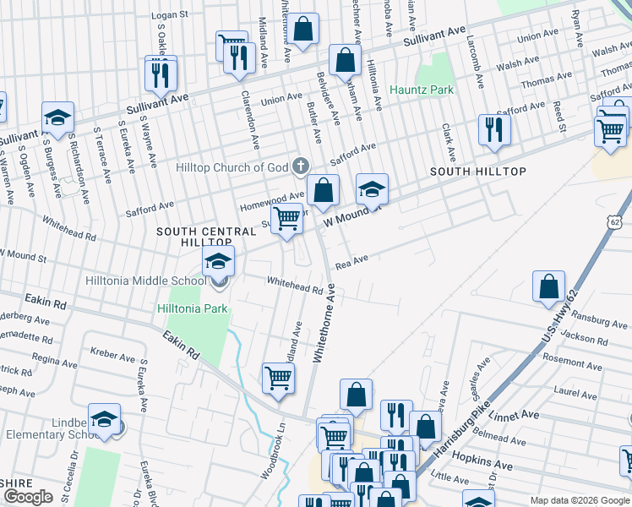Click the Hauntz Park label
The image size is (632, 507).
(x=421, y=90)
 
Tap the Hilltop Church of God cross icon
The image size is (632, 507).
(x=300, y=167)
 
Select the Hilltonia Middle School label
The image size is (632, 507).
(x=145, y=281)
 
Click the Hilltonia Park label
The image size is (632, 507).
(x=192, y=308)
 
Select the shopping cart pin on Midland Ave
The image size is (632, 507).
(x=278, y=379)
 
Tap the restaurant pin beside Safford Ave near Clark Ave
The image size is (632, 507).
(x=492, y=130)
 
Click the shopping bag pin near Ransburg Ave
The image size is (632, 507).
(x=549, y=286)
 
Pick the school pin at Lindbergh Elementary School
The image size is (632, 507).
(x=104, y=419)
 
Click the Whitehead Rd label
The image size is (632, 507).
(x=296, y=285)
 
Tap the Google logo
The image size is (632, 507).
(x=29, y=497)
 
